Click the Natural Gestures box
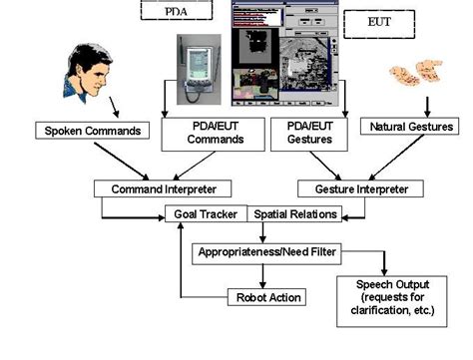411,127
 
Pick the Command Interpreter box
163,187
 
